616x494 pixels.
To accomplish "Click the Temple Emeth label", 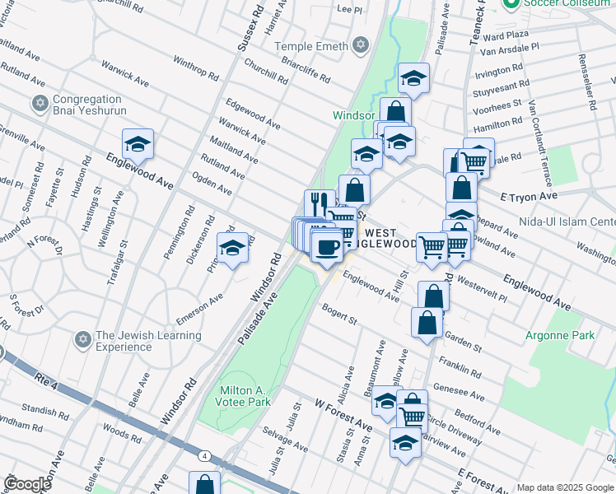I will click(311, 46).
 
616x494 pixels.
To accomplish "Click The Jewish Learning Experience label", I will click(148, 341).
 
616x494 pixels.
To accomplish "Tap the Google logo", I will click(27, 484).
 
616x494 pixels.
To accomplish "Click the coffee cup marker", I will click(328, 247).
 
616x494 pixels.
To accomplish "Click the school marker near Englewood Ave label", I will click(138, 143).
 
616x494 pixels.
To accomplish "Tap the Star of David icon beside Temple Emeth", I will click(360, 46).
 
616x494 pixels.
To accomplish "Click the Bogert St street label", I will click(339, 314).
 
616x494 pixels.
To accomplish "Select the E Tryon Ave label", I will click(530, 198).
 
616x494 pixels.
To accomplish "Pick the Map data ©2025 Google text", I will click(564, 487).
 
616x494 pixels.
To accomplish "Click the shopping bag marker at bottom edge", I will click(204, 484).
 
